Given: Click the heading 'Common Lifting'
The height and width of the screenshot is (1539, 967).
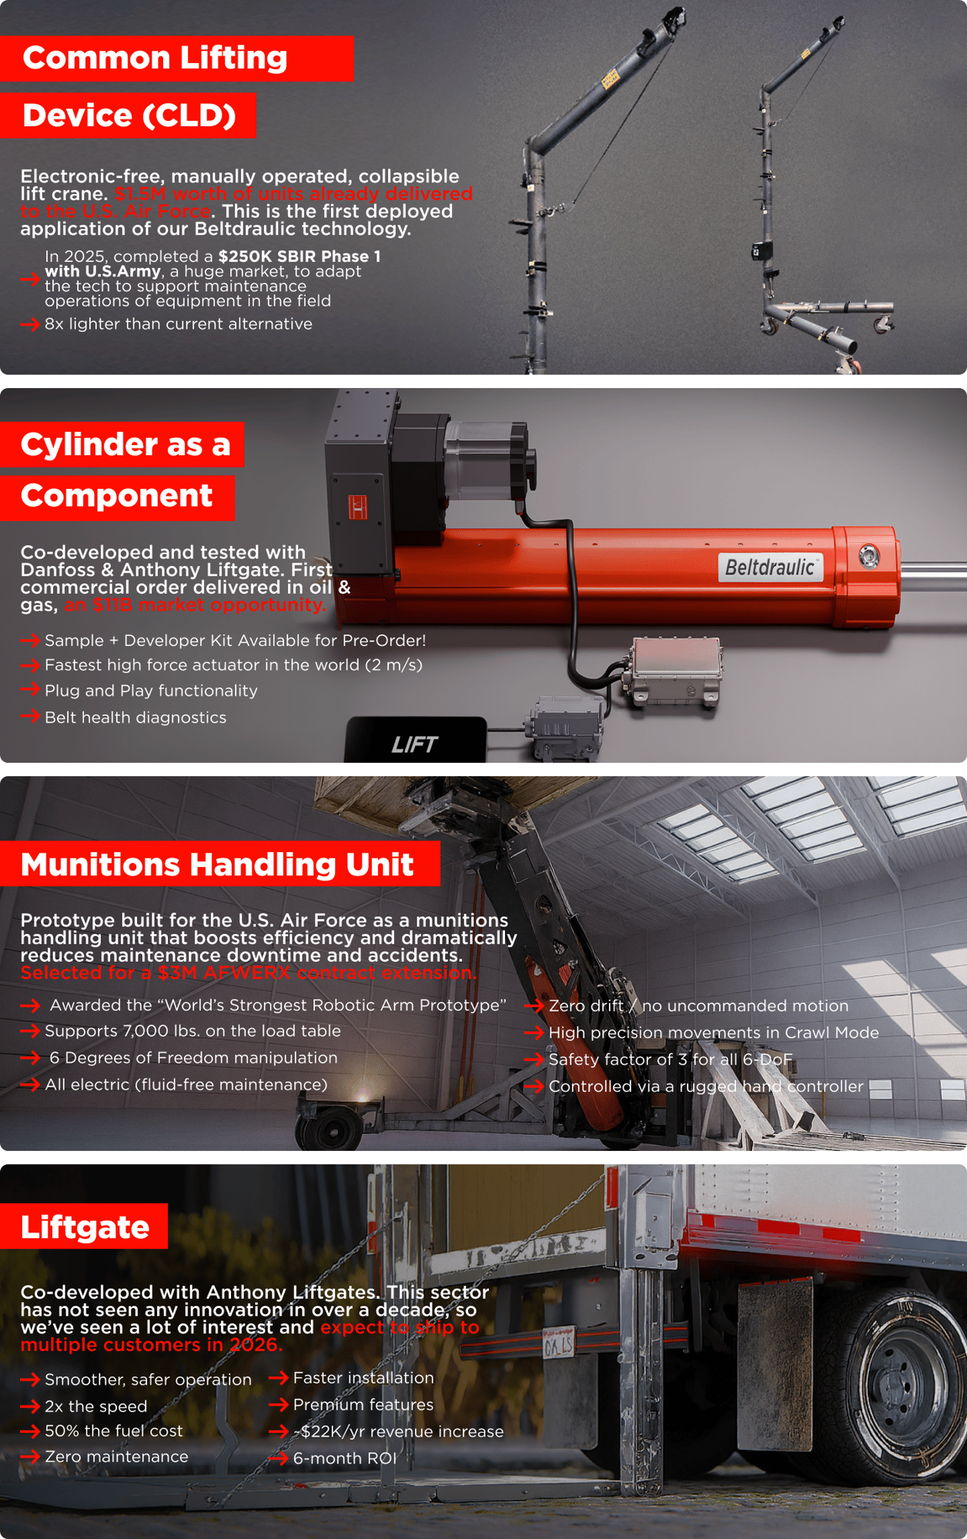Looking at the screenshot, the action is coord(155,58).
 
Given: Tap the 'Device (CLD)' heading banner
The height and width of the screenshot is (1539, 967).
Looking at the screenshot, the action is coord(129,115).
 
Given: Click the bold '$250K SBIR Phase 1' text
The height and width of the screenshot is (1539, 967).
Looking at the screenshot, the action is coord(299,256).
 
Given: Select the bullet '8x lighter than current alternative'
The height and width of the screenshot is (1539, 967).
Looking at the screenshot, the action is coord(179,324).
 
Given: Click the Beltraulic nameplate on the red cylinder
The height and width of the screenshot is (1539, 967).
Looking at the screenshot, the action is coord(770,567).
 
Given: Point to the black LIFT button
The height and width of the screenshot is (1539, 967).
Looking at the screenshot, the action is coord(415,741).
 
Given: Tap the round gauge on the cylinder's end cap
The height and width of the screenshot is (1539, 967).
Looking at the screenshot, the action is coord(869,556).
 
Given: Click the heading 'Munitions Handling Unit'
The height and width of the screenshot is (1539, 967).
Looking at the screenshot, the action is coord(217,864).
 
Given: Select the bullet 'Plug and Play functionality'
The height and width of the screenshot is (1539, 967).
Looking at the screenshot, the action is coord(151,691).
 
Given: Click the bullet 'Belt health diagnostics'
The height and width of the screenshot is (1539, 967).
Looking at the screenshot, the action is coord(136,718).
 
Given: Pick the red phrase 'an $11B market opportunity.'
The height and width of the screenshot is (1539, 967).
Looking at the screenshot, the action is coord(195,605).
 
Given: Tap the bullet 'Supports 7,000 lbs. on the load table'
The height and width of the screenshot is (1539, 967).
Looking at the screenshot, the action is coord(192,1031).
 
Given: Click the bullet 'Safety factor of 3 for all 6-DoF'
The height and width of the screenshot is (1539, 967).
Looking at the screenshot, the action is coord(671,1059).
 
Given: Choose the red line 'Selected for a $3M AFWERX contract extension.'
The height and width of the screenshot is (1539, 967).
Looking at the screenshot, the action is coord(249,972).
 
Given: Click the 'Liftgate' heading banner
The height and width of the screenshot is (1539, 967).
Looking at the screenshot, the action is coord(84,1226).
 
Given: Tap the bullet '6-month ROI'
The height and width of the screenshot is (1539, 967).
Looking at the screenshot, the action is coord(345,1458).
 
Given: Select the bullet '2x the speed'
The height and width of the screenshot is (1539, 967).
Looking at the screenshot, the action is coord(95,1407).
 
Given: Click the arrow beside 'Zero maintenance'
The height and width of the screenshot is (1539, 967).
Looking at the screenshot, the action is coord(30,1457).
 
